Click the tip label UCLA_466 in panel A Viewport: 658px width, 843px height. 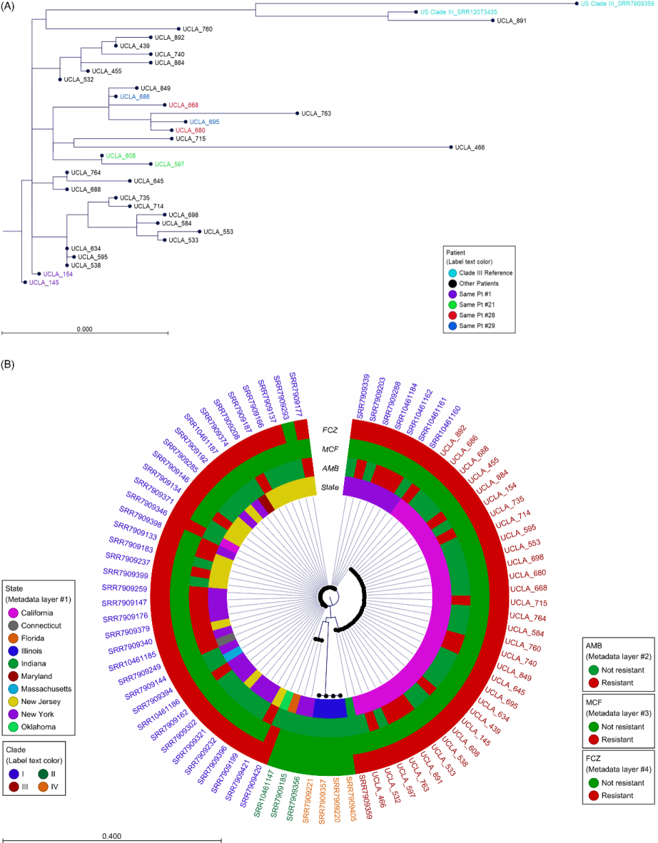coord(470,147)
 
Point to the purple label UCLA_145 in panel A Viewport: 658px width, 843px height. coord(44,282)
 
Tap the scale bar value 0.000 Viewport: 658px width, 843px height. coord(84,329)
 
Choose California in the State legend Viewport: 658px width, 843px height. coord(42,612)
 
